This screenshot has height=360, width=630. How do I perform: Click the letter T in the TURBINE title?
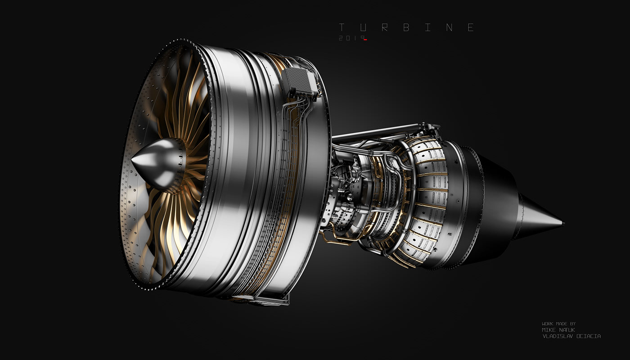tap(342, 27)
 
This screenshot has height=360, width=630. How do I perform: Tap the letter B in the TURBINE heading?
tap(406, 27)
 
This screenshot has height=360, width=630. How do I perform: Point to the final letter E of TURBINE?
tap(471, 27)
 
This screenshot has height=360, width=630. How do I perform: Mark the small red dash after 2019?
tap(365, 40)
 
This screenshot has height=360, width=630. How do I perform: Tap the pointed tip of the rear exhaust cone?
tap(561, 223)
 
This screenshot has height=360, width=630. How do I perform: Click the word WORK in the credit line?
tap(547, 324)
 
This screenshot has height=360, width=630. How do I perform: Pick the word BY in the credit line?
tap(572, 324)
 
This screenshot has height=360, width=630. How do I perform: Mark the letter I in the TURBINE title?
tap(428, 27)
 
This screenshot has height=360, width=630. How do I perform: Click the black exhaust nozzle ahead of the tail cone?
tap(495, 198)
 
